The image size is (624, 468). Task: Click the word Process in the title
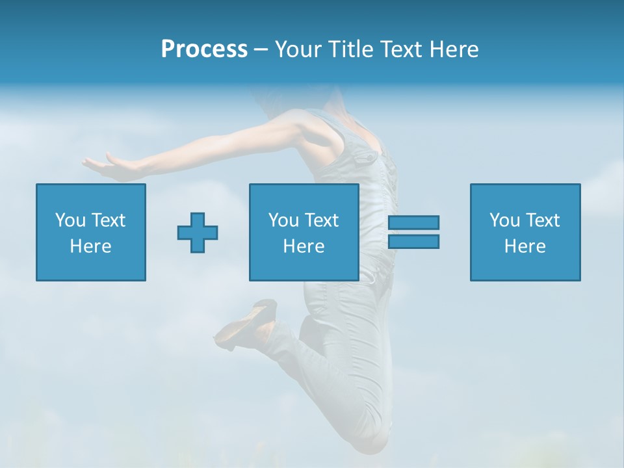(204, 49)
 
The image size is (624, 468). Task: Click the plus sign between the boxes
(198, 232)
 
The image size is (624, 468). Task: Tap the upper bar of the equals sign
(414, 222)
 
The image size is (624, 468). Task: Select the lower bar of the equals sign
(414, 241)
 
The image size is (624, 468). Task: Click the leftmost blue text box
(91, 232)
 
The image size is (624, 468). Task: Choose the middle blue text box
(304, 232)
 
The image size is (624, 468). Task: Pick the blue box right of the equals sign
(525, 232)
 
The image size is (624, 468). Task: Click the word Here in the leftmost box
(91, 246)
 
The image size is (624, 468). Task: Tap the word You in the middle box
(283, 220)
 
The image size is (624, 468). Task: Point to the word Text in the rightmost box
(543, 220)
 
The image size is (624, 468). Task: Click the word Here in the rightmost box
(525, 246)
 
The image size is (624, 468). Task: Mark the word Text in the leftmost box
(109, 220)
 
